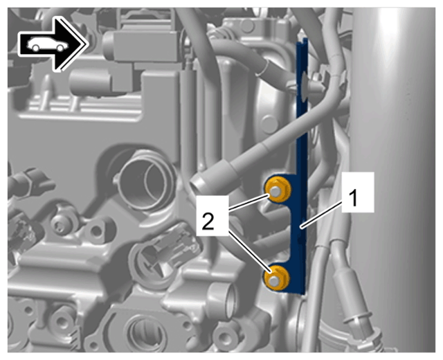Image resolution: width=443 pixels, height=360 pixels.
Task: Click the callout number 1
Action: (x=353, y=198)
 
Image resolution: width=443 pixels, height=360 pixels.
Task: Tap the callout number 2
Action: (x=208, y=221)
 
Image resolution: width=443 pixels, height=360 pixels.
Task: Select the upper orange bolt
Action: (x=278, y=188)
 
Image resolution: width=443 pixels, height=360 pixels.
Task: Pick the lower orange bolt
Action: (x=276, y=278)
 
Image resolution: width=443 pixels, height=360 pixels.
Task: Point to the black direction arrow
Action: (x=52, y=44)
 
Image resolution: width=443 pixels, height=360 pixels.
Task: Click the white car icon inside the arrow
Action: (x=48, y=44)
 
